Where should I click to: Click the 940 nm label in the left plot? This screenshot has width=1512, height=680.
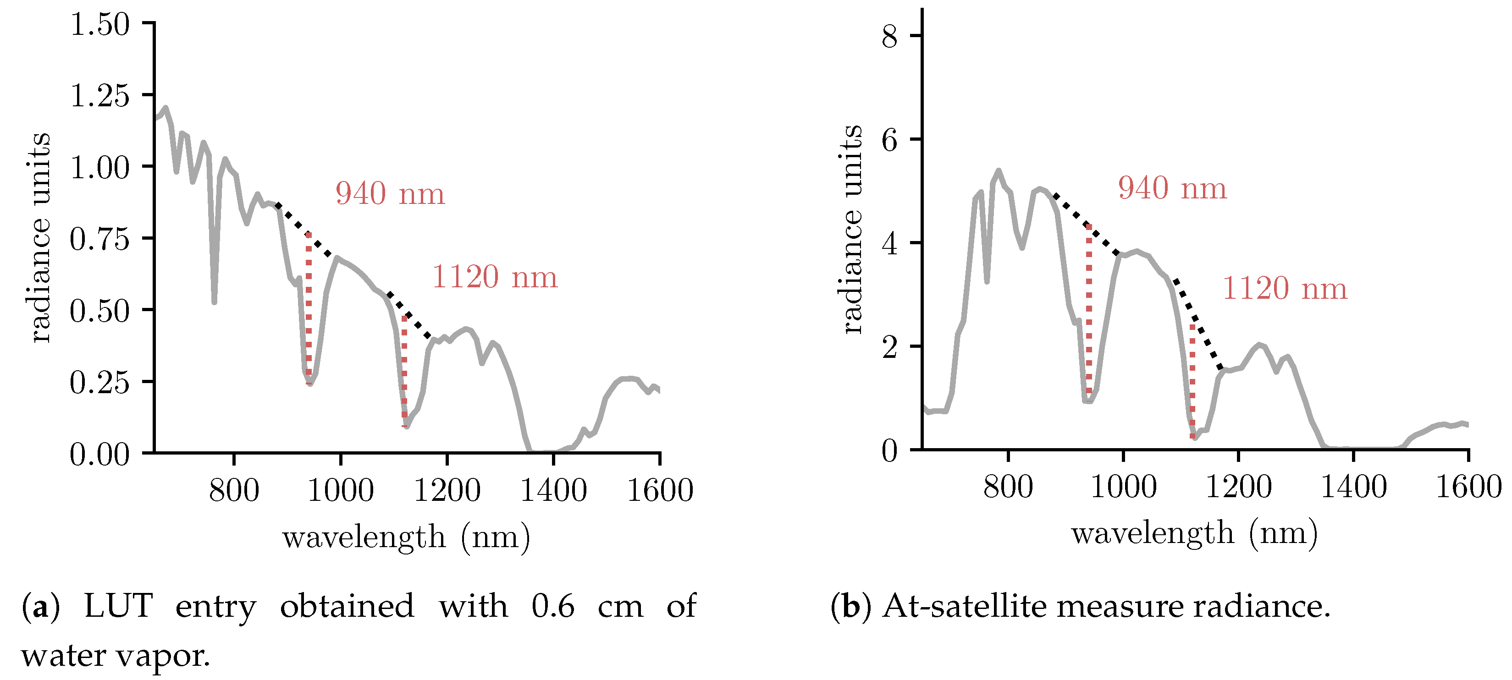[x=390, y=194]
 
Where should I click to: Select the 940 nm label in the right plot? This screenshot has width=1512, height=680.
[x=1172, y=188]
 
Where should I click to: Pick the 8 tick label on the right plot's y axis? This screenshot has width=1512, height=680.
[x=889, y=36]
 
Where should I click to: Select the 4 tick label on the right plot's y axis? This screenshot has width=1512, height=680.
[x=889, y=243]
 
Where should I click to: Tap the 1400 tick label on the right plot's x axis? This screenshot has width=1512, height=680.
[x=1353, y=487]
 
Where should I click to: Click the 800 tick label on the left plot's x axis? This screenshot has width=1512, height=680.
[x=234, y=490]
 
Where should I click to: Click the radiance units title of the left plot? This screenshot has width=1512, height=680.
[x=39, y=238]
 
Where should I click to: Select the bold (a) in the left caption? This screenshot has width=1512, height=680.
[x=40, y=606]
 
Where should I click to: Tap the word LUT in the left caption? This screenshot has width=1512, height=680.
[x=119, y=606]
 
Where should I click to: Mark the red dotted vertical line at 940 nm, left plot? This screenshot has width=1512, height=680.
[x=309, y=308]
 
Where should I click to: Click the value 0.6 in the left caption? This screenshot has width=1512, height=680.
[x=552, y=606]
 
